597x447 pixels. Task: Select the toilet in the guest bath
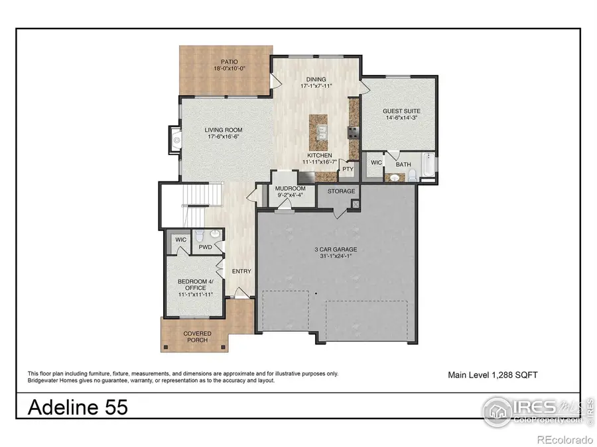411,174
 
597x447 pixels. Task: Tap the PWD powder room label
205,248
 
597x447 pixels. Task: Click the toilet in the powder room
214,237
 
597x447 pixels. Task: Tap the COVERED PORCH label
197,336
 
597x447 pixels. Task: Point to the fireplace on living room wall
174,140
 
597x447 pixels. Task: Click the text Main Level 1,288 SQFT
493,375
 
